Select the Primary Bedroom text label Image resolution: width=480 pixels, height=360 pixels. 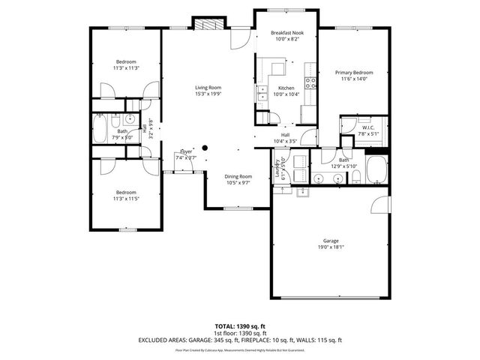352,73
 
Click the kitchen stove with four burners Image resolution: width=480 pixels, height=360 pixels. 308,81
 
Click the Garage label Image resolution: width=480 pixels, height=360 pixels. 330,241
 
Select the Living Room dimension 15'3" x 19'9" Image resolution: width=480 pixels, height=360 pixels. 208,94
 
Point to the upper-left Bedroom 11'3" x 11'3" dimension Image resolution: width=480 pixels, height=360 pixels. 127,68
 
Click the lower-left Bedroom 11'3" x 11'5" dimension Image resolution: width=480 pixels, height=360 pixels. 127,198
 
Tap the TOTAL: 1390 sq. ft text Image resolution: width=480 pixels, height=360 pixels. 240,326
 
